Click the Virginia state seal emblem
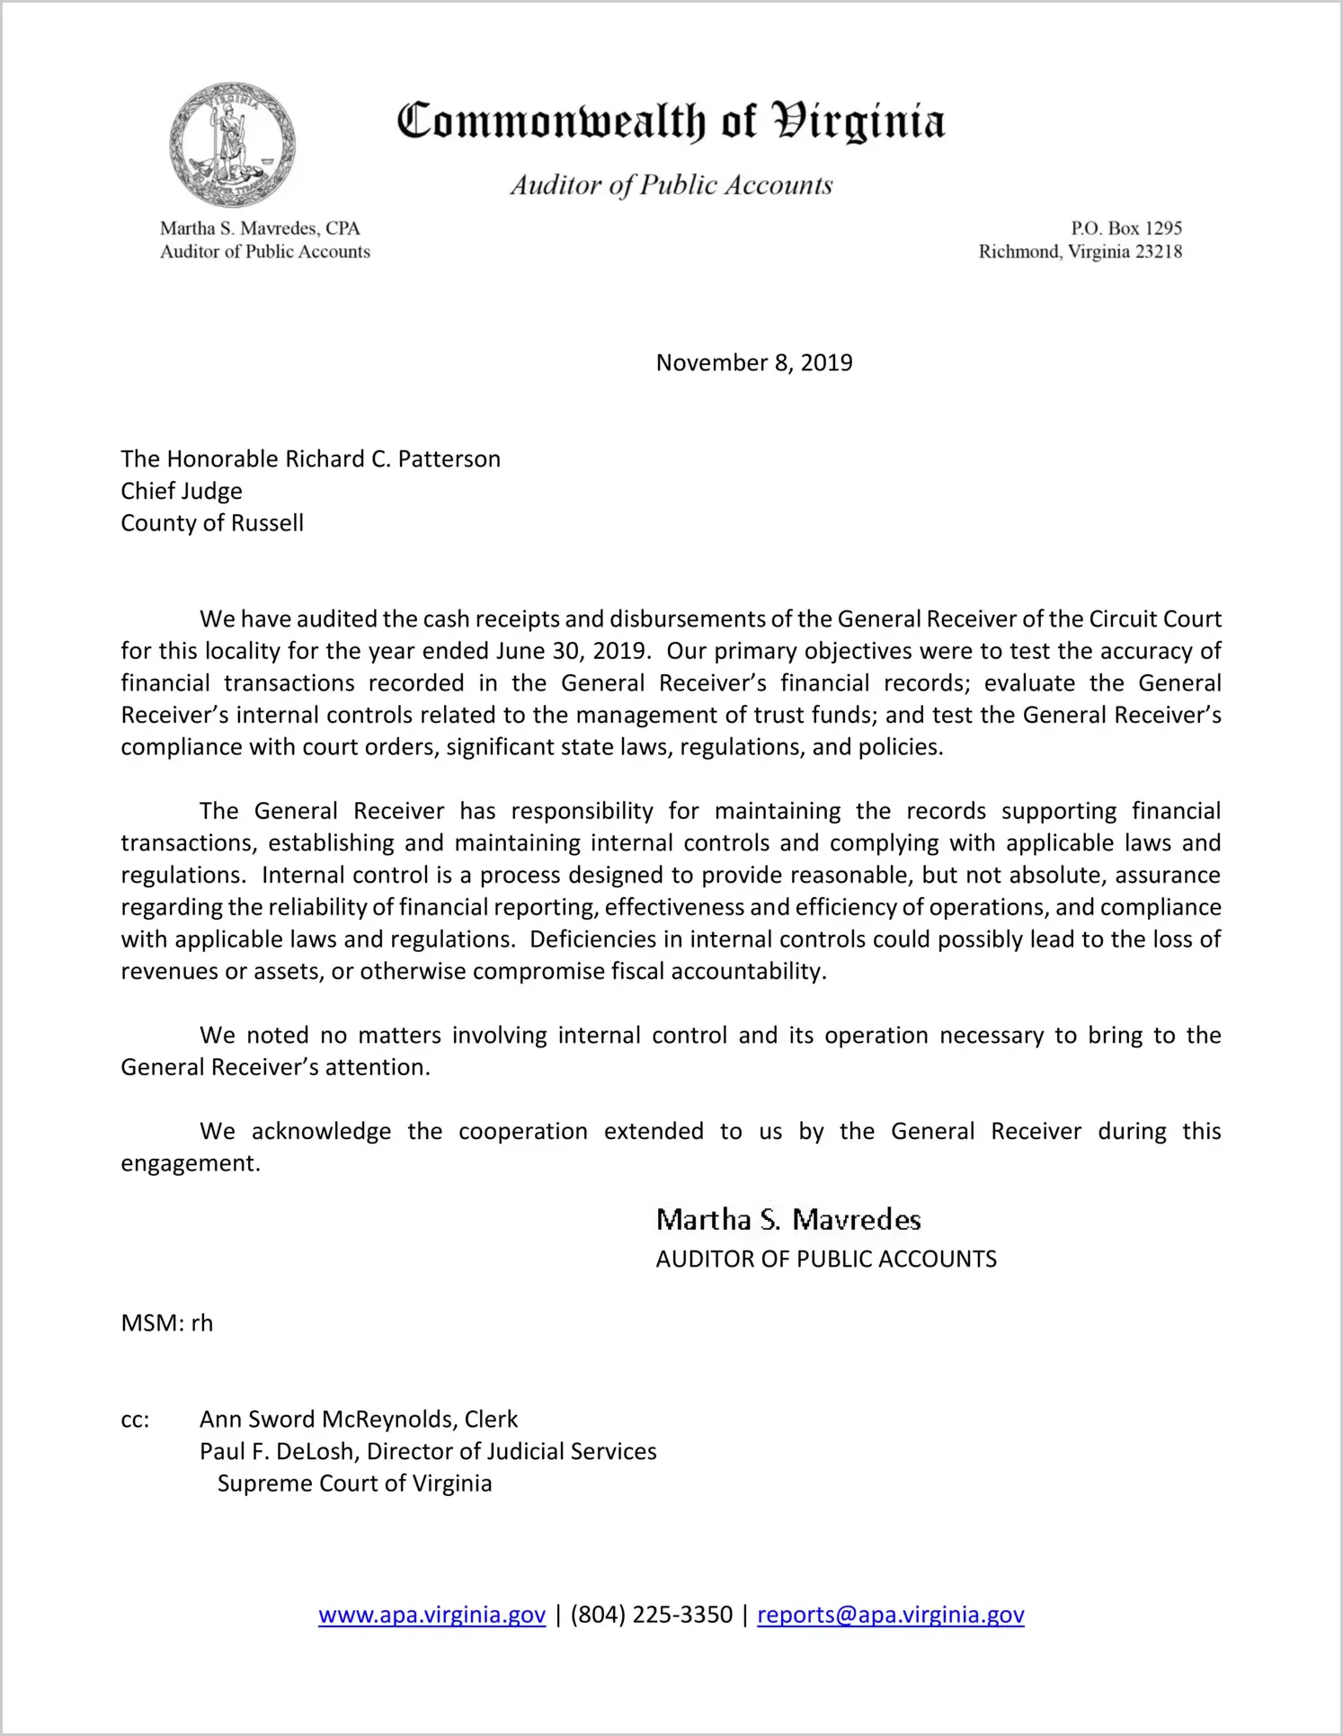coord(233,145)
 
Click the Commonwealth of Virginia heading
coord(671,121)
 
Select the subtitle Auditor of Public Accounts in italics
coord(671,185)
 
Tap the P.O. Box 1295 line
coord(1125,228)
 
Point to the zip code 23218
coord(1159,252)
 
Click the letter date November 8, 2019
coord(754,362)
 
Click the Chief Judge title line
coord(182,491)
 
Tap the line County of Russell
coord(212,523)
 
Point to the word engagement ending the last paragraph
coord(189,1163)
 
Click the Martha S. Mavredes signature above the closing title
coord(788,1220)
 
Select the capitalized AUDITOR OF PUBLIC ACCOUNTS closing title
coord(826,1259)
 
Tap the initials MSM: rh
coord(167,1323)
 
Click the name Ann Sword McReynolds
coord(328,1420)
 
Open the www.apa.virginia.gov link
coord(431,1615)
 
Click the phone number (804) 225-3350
coord(651,1615)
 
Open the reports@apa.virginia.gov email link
coord(890,1615)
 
